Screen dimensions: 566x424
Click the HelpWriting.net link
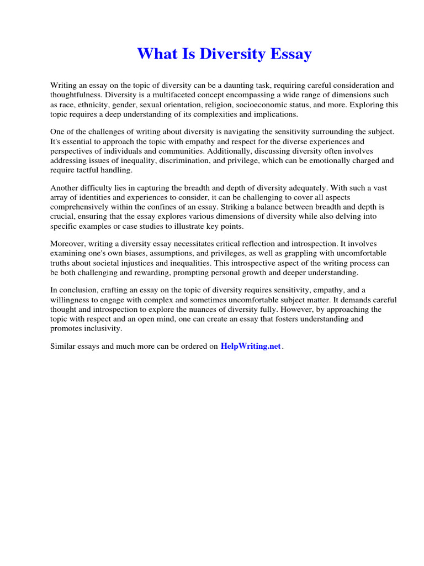pos(251,347)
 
